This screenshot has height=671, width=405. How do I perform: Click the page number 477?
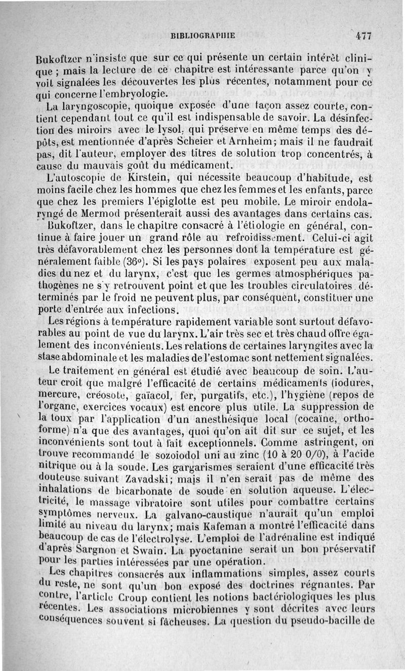(x=363, y=36)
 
